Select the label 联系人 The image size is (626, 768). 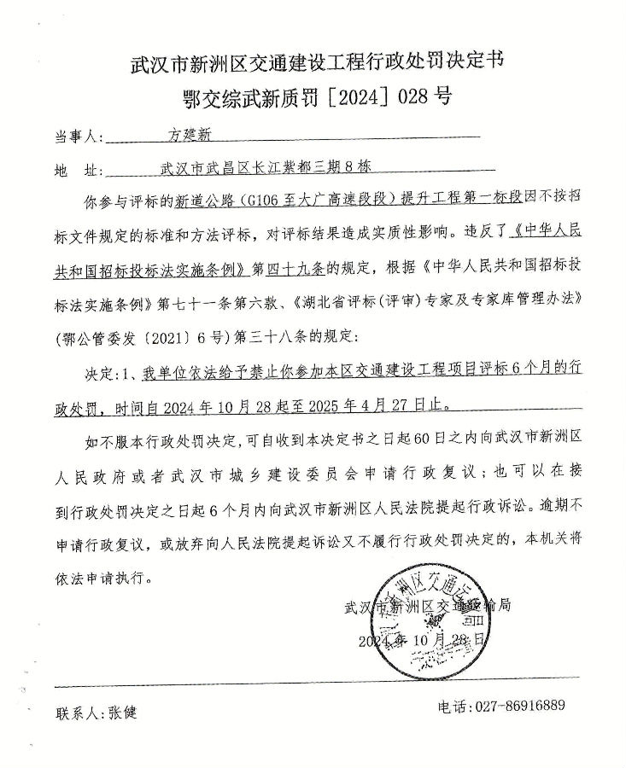pos(78,712)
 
